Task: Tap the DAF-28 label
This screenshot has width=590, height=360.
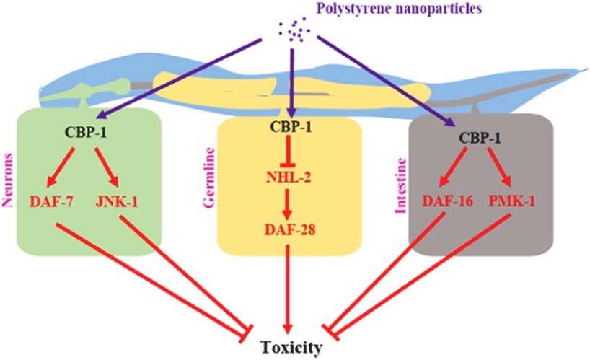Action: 289,229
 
